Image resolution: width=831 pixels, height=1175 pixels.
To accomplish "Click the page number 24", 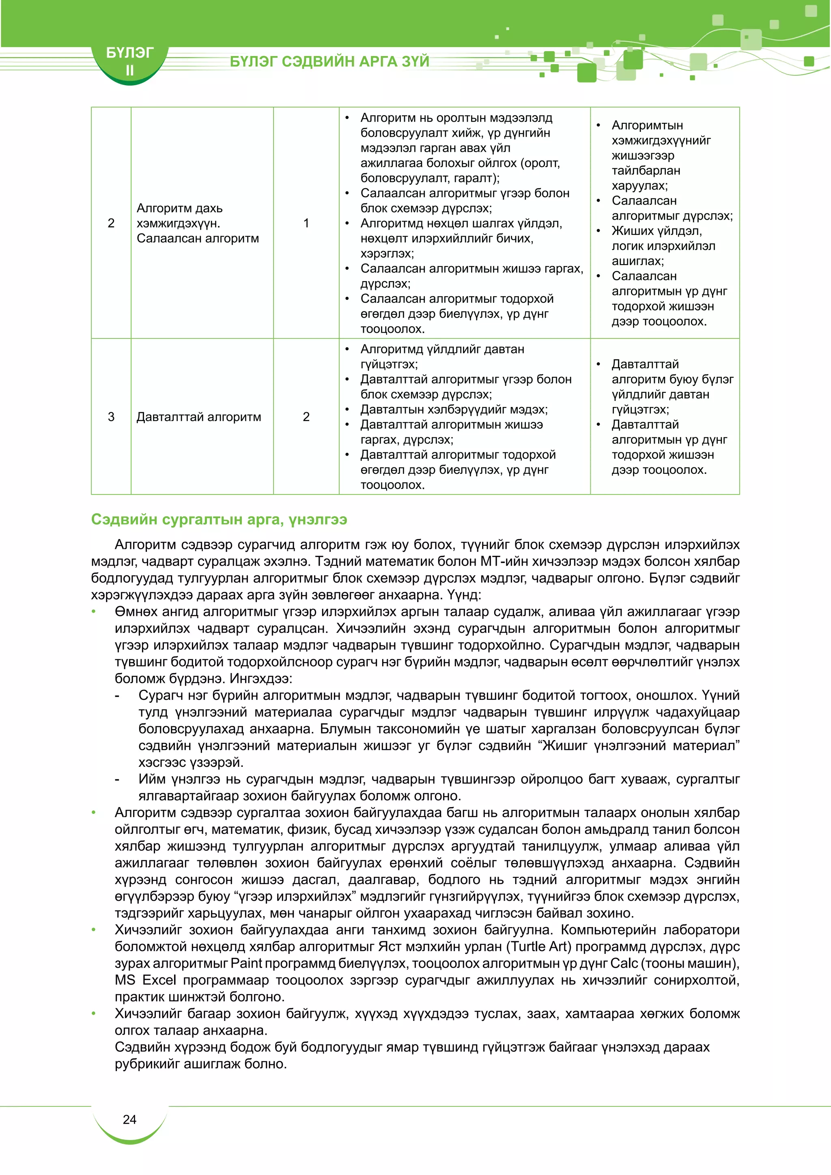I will click(129, 1120).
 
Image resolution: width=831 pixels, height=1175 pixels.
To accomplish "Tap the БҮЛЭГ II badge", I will click(129, 61).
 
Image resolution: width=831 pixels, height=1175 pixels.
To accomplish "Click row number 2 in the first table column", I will click(111, 223).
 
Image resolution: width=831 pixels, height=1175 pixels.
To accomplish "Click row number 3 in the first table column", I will click(111, 417).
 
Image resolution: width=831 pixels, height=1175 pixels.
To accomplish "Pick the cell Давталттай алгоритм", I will click(198, 417).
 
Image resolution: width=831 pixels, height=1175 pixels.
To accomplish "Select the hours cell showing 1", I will click(306, 223).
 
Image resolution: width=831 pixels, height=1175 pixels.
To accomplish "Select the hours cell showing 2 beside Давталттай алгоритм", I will click(306, 417).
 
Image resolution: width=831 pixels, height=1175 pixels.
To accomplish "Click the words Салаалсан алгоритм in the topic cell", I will click(198, 239).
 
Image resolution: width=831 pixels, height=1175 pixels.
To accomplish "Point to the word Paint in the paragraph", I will click(246, 964).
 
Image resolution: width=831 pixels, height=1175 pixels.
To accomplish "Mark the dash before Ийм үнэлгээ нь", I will click(117, 779).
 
